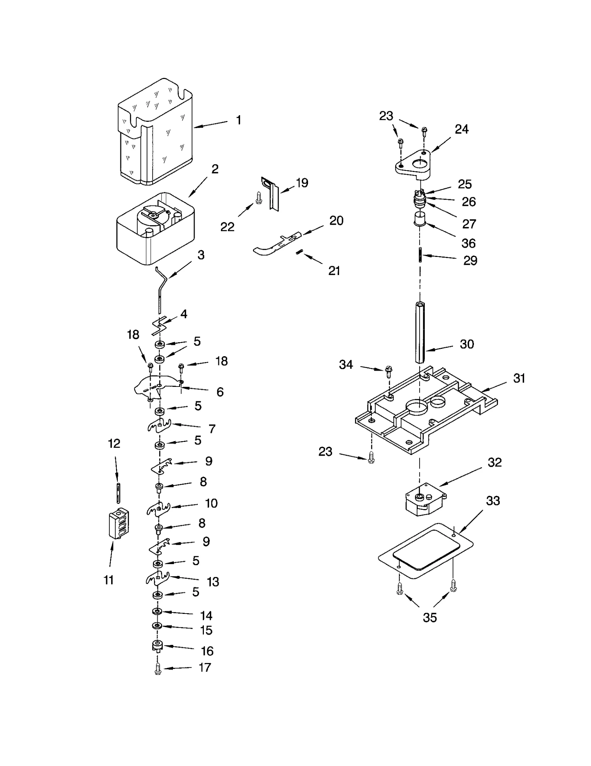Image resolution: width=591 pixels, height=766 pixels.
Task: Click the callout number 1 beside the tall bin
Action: pyautogui.click(x=239, y=120)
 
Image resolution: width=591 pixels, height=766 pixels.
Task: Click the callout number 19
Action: pyautogui.click(x=302, y=183)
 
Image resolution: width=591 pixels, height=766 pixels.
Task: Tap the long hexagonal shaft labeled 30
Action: pyautogui.click(x=420, y=332)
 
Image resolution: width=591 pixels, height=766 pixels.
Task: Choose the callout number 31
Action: pyautogui.click(x=519, y=378)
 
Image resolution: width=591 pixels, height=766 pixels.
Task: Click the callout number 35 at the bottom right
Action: pyautogui.click(x=430, y=617)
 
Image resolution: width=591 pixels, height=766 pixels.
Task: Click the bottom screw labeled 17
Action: pyautogui.click(x=158, y=669)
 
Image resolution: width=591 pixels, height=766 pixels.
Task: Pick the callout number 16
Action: pyautogui.click(x=207, y=651)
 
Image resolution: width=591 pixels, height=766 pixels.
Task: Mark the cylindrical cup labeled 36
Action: pyautogui.click(x=420, y=219)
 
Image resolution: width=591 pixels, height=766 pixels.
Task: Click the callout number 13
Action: pyautogui.click(x=213, y=582)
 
